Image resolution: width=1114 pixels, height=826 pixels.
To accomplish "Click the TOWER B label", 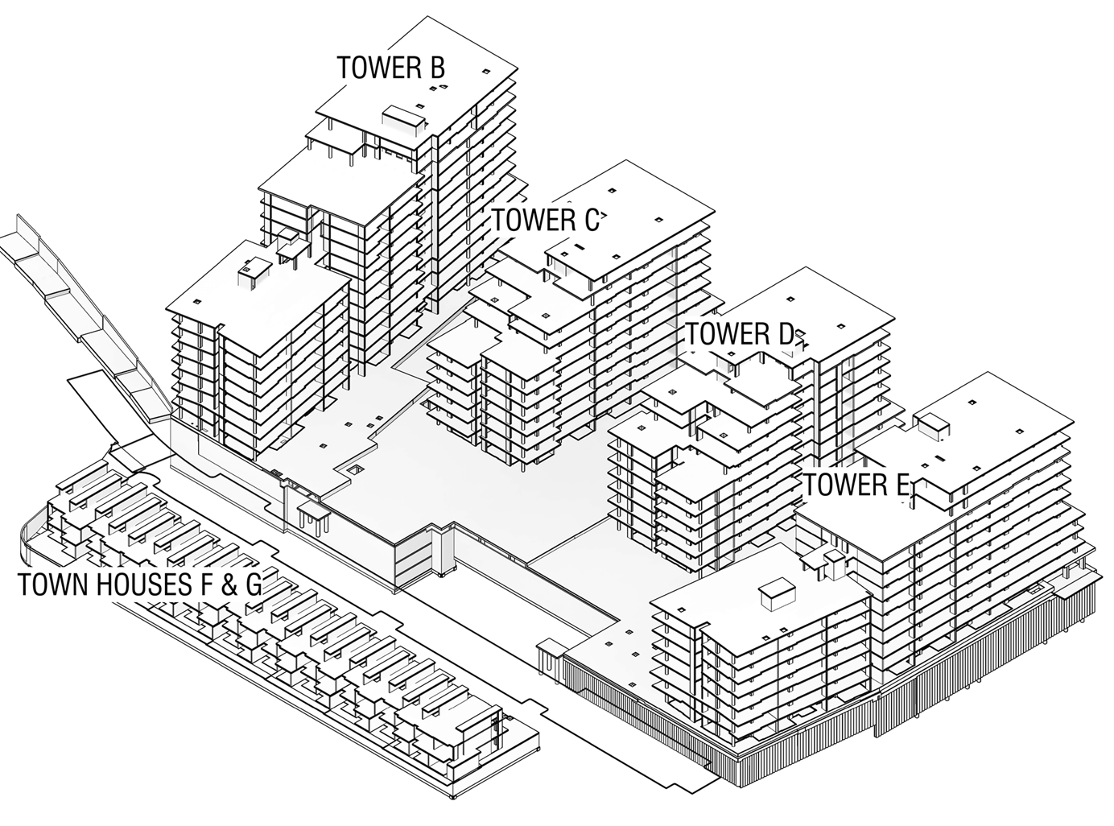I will click(390, 68).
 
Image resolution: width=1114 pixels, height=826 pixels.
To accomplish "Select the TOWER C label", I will click(545, 220).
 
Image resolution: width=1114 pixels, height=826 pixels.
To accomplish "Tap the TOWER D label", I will click(739, 334).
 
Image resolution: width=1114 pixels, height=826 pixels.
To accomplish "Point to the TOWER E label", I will click(856, 485).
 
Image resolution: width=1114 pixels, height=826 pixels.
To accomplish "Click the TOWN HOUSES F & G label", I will click(139, 585).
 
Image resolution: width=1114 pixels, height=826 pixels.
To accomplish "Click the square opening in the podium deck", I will click(354, 469).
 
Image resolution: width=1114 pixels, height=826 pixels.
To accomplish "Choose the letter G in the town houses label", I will click(252, 585).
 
